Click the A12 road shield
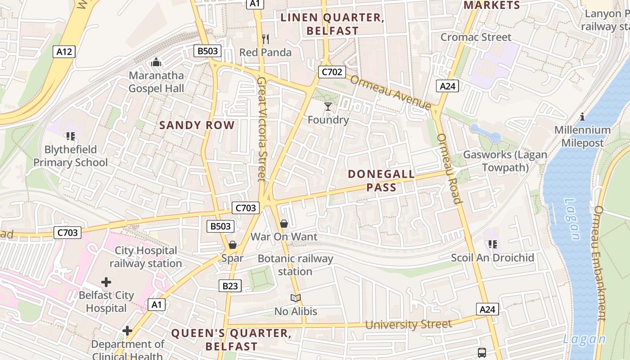click(64, 52)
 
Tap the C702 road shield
click(332, 72)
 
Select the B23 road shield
click(230, 286)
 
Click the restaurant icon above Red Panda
click(265, 40)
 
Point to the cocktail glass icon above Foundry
click(328, 107)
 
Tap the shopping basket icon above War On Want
click(284, 224)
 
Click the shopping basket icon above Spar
click(233, 245)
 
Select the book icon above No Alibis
click(296, 298)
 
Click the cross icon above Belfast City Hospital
click(106, 283)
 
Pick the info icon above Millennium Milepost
click(582, 117)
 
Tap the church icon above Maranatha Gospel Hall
click(156, 62)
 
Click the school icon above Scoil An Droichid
click(493, 244)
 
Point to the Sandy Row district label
click(197, 126)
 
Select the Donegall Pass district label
click(381, 181)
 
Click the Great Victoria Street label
click(261, 129)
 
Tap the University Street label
click(408, 324)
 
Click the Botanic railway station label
click(295, 265)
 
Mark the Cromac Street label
click(476, 37)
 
